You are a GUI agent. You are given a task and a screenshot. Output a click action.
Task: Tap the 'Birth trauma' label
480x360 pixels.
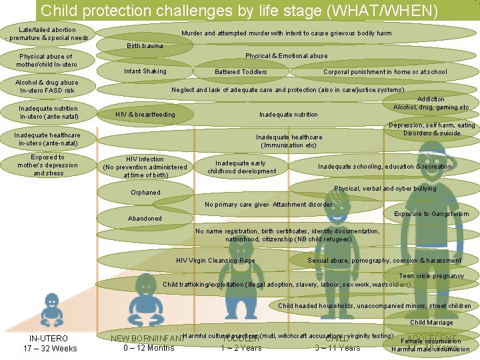(144, 46)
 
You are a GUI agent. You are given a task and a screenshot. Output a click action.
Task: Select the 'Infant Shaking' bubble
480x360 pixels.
(145, 71)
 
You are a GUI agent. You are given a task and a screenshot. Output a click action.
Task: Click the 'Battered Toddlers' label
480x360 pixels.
(241, 72)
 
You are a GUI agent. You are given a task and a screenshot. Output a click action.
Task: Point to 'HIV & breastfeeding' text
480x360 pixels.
(145, 115)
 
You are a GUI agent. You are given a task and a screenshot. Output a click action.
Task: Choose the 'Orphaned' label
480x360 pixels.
(145, 193)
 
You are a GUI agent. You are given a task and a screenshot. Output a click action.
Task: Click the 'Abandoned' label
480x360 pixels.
(145, 219)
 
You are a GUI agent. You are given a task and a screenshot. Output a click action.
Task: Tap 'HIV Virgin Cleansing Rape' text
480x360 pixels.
(215, 261)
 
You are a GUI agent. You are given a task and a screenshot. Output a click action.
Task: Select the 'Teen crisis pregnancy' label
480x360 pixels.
(431, 276)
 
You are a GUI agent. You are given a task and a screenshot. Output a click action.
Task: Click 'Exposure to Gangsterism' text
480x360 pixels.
(431, 214)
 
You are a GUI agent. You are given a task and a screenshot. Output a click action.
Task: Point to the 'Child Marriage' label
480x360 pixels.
(431, 323)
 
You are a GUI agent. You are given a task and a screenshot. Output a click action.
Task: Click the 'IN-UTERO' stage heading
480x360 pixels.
(49, 339)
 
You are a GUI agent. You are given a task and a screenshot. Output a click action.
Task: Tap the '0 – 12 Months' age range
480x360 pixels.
(149, 348)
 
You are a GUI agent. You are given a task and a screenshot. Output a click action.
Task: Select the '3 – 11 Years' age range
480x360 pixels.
(337, 348)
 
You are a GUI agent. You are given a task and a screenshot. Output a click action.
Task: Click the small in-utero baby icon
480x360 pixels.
(51, 311)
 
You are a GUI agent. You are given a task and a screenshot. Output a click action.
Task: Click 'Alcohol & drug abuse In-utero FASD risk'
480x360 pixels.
(48, 87)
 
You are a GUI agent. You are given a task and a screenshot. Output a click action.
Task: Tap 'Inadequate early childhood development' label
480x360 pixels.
(241, 167)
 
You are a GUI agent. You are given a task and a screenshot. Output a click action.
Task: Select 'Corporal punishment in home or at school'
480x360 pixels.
(385, 72)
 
